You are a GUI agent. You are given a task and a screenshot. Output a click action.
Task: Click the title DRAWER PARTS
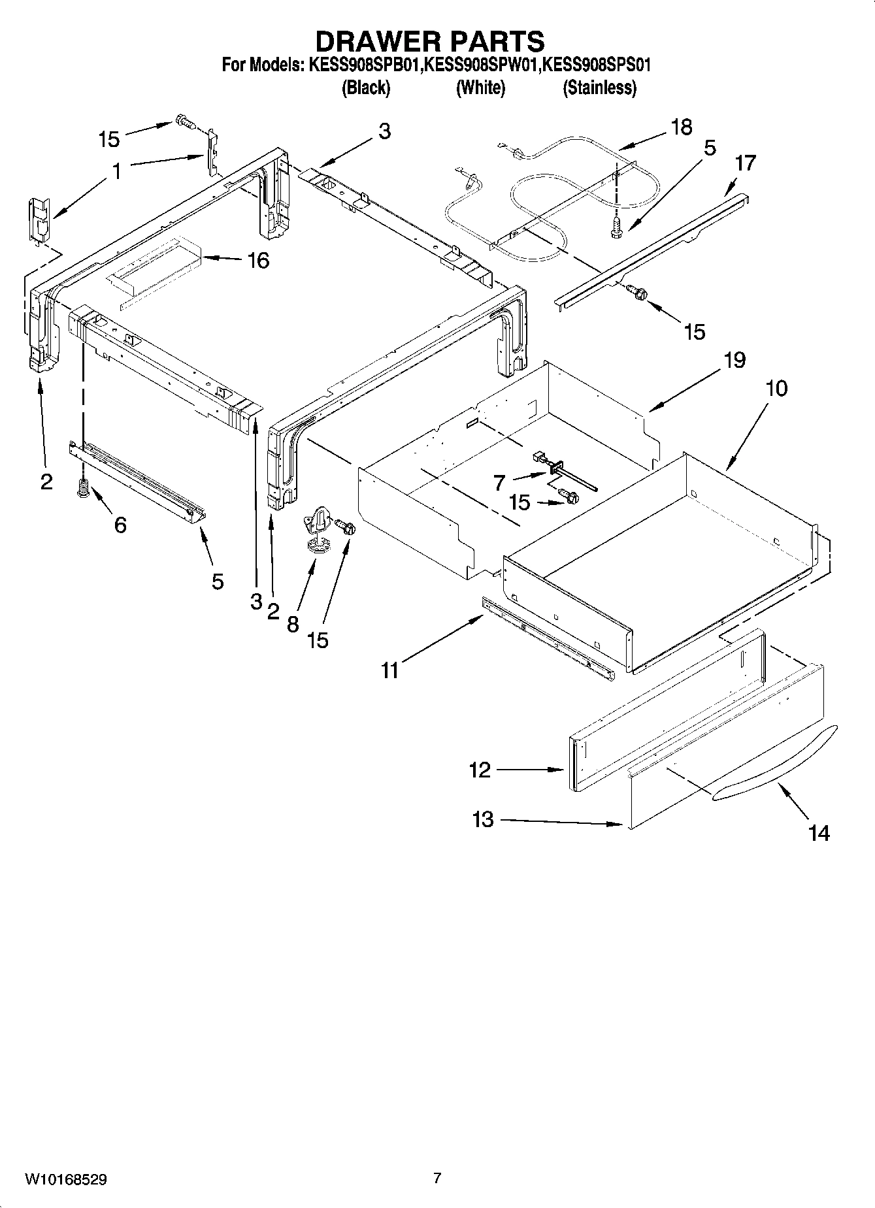point(429,41)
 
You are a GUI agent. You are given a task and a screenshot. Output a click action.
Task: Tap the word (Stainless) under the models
point(599,88)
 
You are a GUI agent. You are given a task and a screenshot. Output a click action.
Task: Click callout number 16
point(258,261)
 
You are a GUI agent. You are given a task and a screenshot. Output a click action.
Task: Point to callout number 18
point(681,127)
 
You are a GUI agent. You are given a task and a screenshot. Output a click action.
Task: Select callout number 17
point(744,163)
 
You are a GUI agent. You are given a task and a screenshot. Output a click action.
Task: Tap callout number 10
point(776,388)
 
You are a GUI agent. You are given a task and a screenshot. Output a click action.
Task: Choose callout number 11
point(389,670)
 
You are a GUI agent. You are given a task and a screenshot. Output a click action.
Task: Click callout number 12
point(479,770)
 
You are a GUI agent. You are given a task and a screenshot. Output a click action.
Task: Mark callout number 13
point(482,819)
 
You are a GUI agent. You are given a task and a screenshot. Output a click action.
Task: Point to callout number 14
point(818,833)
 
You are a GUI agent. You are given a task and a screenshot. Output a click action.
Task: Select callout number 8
point(292,624)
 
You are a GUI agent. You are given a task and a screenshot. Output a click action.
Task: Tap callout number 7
point(499,483)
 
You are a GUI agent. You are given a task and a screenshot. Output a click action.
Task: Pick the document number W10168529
point(66,1179)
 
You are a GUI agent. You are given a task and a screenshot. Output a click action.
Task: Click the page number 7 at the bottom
point(437,1178)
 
